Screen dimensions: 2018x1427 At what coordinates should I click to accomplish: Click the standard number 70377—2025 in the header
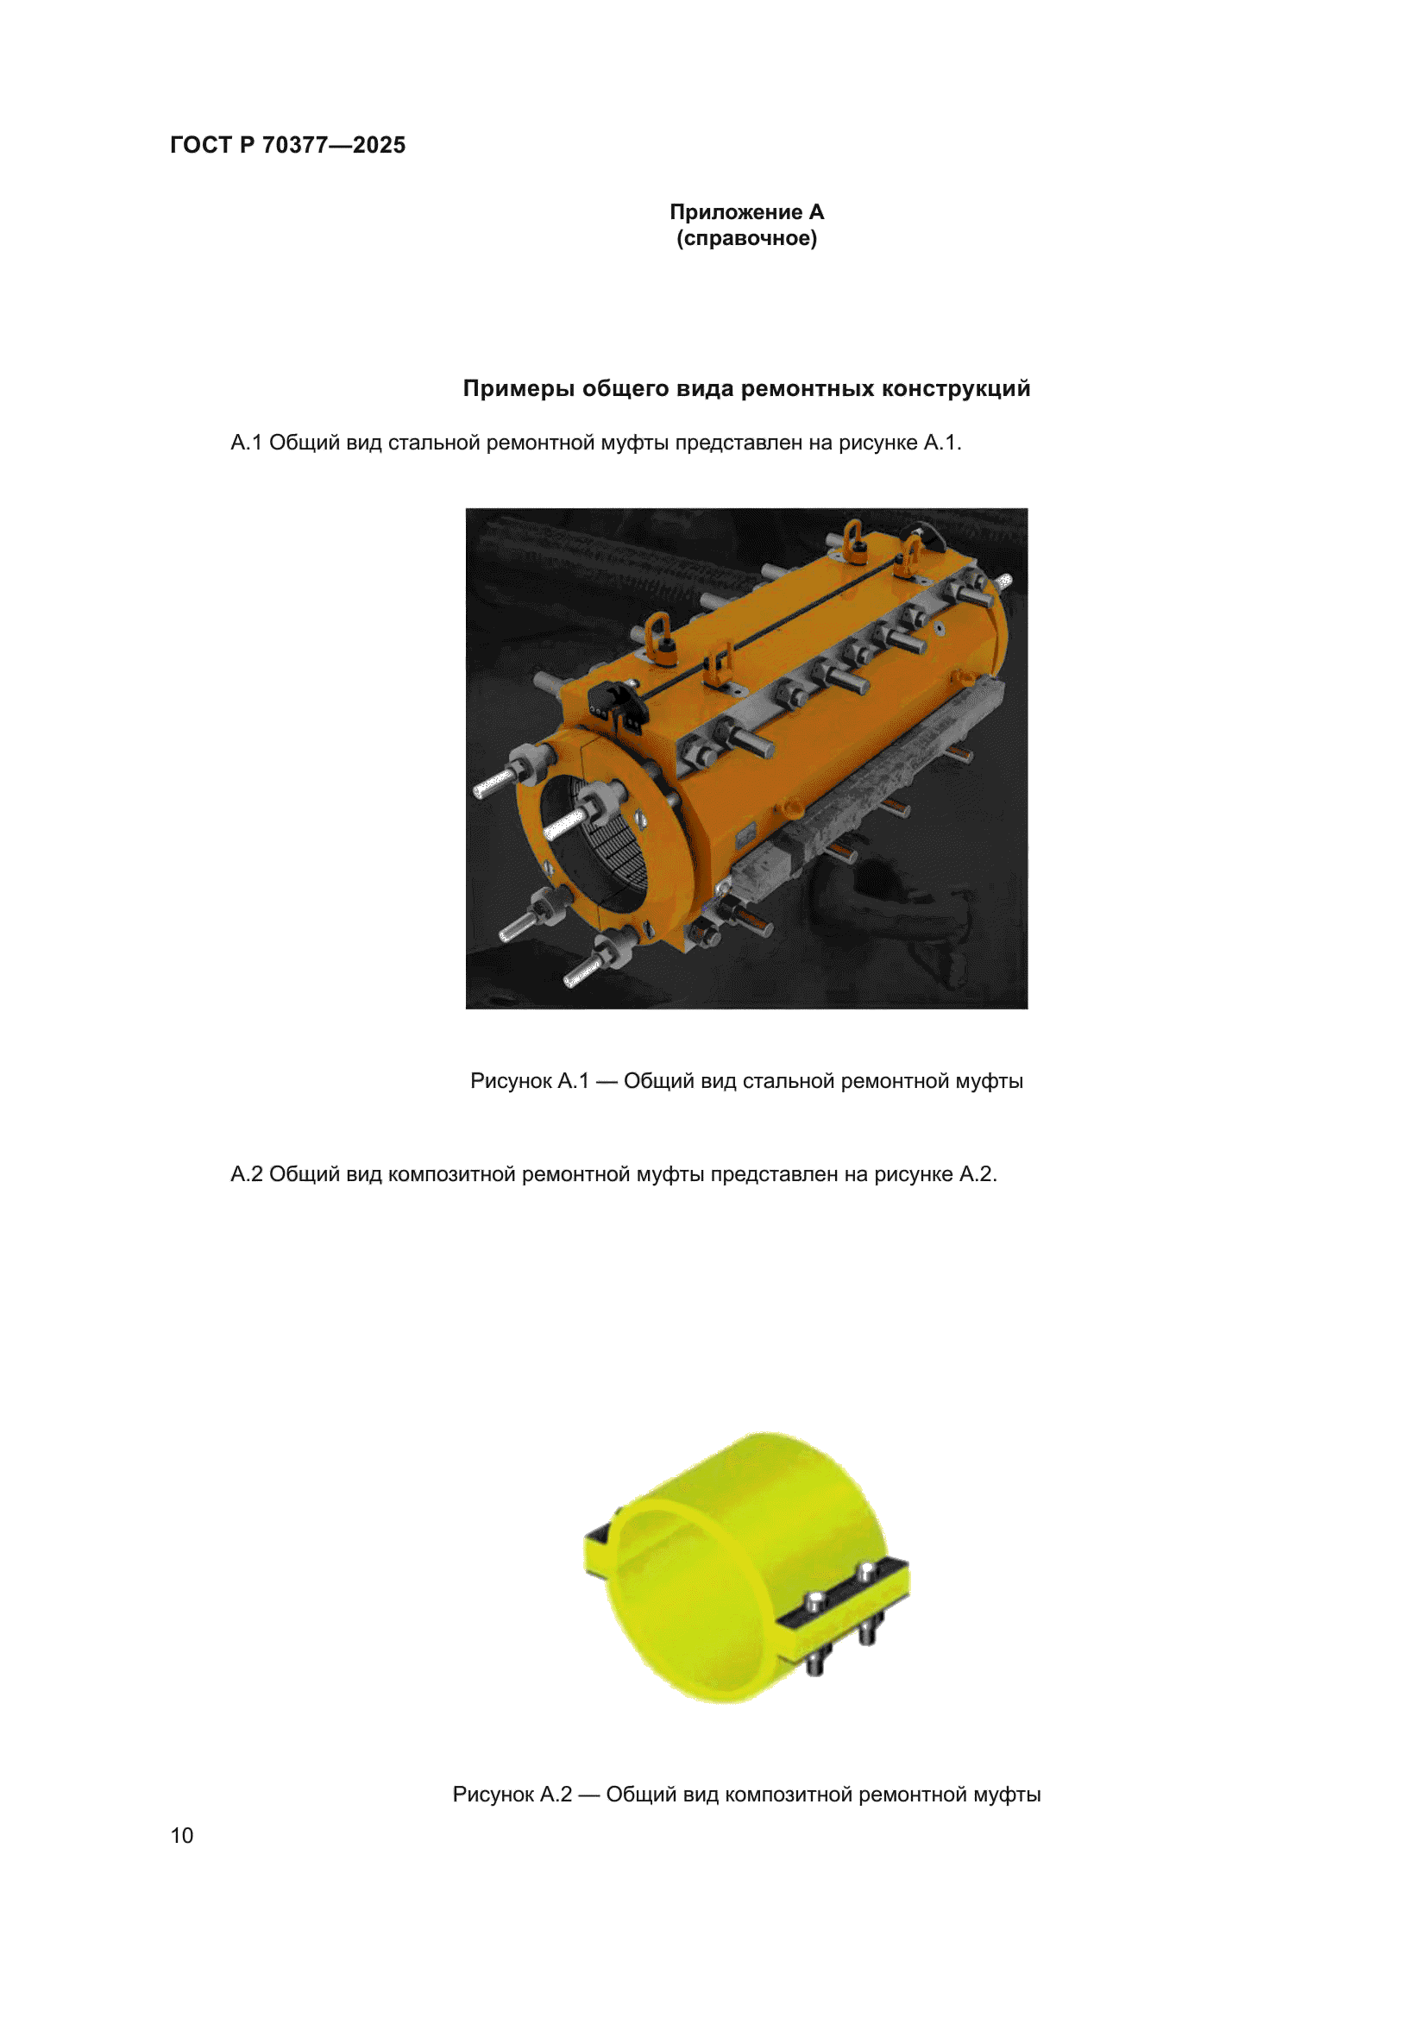[334, 145]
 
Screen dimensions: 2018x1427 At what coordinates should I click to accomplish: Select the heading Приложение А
[746, 212]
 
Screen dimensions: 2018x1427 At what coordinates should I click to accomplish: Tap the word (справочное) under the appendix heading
[746, 238]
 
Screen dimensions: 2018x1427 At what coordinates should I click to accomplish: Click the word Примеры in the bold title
[519, 388]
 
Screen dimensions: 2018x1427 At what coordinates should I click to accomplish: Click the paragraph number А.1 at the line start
[246, 443]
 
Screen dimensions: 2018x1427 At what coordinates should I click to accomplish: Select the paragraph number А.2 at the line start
[246, 1174]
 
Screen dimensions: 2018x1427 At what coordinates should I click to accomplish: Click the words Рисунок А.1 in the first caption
[529, 1081]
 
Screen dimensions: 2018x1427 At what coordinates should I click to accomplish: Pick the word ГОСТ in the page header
[200, 145]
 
